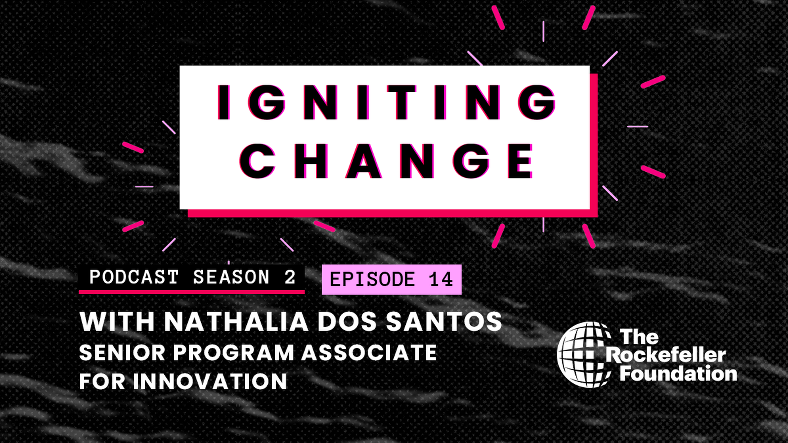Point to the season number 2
(290, 277)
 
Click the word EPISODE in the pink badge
(372, 279)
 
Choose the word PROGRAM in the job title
(233, 353)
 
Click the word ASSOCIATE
(369, 353)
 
